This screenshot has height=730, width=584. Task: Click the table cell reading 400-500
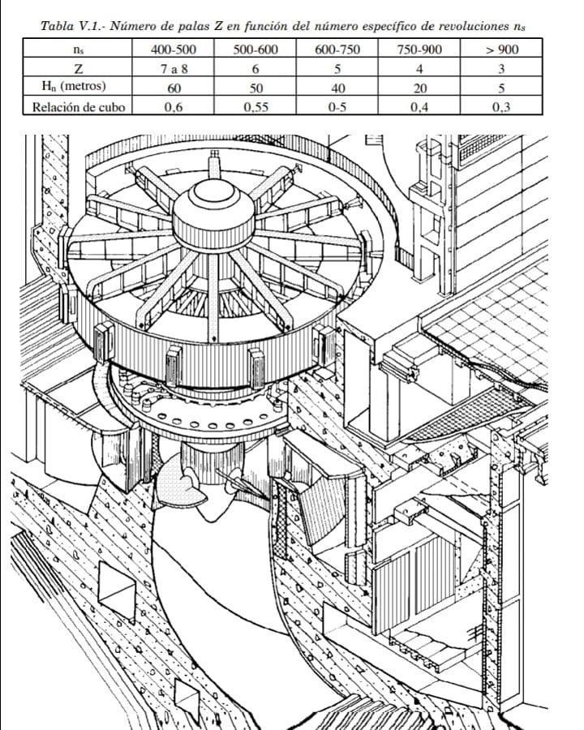pos(174,49)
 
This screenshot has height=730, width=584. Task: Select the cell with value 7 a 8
pos(174,69)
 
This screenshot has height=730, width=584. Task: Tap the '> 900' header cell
pos(502,49)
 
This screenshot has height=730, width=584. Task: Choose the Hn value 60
pos(174,88)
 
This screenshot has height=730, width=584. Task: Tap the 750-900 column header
pos(420,49)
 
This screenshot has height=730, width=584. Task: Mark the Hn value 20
pos(420,88)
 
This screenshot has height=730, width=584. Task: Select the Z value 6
pos(255,69)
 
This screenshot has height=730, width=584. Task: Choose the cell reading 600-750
pos(338,49)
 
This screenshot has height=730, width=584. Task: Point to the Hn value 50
pos(255,88)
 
